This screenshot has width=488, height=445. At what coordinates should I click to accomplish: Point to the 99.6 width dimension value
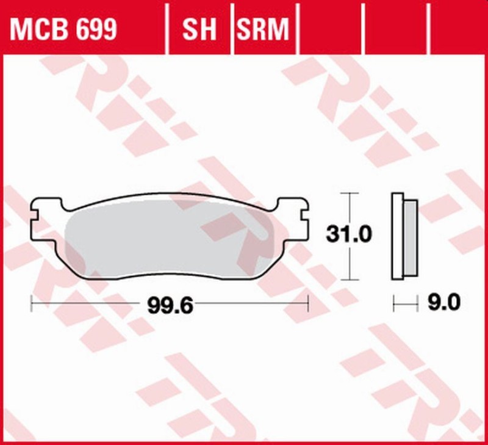tap(170, 303)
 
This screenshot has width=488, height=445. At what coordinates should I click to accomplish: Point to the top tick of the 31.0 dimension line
tap(348, 194)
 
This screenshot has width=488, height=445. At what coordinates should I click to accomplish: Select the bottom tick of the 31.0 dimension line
tap(348, 280)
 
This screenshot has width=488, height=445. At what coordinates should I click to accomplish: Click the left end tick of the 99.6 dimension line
tap(32, 303)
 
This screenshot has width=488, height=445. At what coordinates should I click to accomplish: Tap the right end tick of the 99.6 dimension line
tap(309, 303)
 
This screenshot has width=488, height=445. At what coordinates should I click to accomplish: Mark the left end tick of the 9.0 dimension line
tap(393, 302)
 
